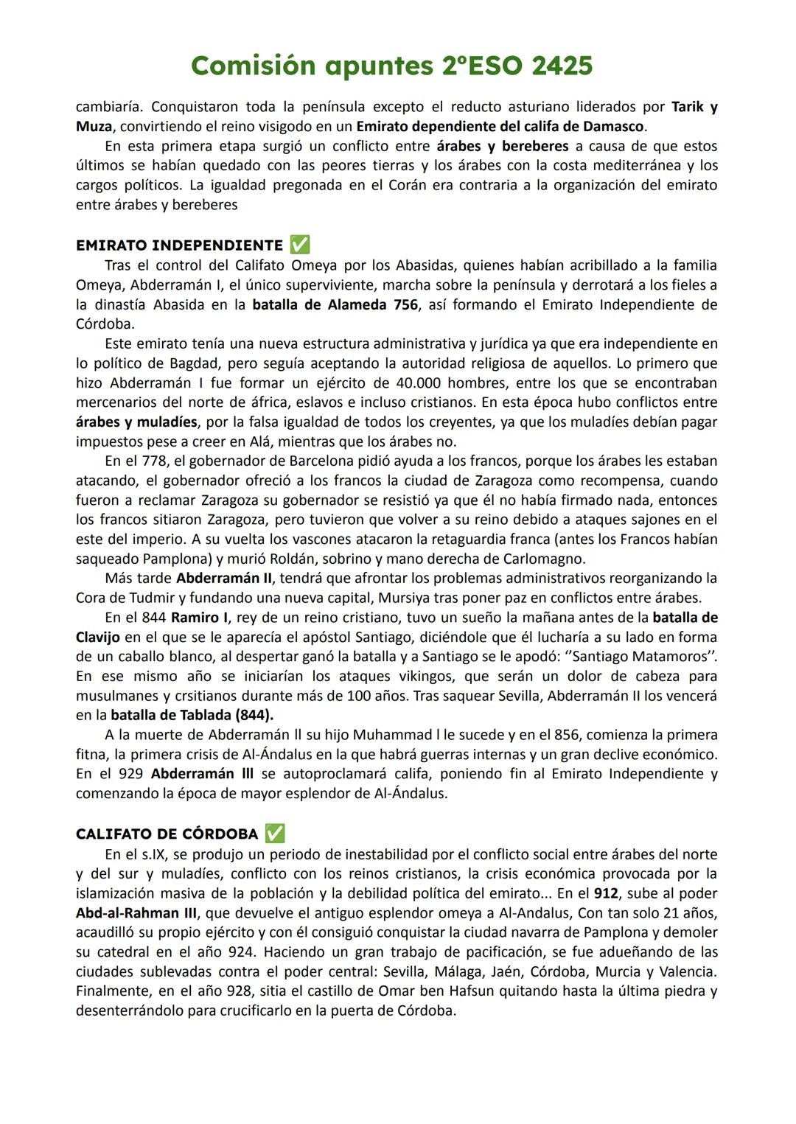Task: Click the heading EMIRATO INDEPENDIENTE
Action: (x=179, y=245)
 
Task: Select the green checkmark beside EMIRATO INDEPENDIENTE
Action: (x=300, y=245)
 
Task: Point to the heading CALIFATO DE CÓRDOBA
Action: (x=167, y=834)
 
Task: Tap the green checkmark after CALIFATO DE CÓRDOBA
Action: (x=275, y=834)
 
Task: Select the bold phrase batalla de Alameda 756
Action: (x=335, y=304)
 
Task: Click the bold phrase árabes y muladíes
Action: (x=136, y=422)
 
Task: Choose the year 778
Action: (x=152, y=461)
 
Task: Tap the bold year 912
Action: (x=606, y=893)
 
